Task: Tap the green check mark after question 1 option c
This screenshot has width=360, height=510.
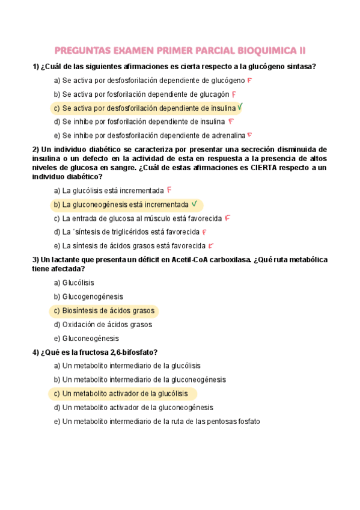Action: click(x=240, y=108)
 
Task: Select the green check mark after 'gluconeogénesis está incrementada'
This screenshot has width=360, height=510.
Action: click(x=194, y=204)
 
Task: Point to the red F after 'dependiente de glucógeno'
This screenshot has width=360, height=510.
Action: click(x=249, y=80)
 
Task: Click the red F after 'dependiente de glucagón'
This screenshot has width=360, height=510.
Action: click(x=234, y=94)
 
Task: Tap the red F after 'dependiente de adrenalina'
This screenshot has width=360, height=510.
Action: click(x=249, y=135)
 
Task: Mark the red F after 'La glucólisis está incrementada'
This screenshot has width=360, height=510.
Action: click(x=169, y=189)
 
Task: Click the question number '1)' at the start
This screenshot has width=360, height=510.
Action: click(x=36, y=66)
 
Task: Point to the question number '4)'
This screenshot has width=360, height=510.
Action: click(x=36, y=352)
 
